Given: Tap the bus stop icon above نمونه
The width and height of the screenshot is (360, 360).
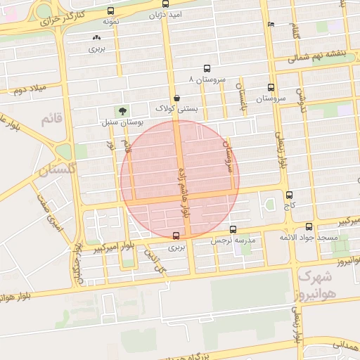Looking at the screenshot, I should click(110, 11).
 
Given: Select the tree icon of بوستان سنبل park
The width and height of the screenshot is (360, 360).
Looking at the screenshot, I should click(123, 110).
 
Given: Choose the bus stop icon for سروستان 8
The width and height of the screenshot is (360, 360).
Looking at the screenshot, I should click(207, 69).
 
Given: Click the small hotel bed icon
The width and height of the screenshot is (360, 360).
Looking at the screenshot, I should click(271, 24).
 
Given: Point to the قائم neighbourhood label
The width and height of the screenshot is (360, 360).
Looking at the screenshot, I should click(53, 119).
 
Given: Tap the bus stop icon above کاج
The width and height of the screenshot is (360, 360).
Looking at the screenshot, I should click(289, 195).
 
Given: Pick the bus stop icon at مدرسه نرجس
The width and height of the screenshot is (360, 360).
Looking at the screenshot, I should click(233, 229).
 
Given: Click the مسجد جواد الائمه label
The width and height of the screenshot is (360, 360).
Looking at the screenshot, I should click(309, 238).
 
